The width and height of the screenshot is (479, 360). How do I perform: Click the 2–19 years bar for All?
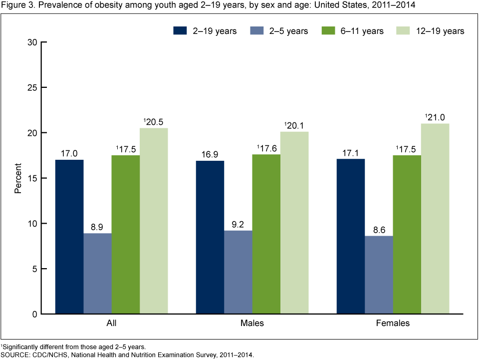[x=69, y=237]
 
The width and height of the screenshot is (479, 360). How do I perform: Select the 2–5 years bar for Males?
[x=238, y=272]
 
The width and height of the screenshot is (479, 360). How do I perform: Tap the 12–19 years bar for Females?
[x=435, y=219]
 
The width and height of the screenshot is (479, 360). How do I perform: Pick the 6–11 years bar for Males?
[x=266, y=234]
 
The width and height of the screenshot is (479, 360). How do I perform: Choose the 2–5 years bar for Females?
[x=379, y=275]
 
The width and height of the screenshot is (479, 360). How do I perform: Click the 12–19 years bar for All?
[x=154, y=221]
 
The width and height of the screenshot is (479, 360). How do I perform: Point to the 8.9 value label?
[x=97, y=226]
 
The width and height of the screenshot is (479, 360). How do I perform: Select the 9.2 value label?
[x=238, y=224]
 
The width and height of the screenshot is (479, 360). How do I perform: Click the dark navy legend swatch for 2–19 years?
[x=180, y=31]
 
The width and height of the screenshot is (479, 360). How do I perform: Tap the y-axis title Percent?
[x=18, y=178]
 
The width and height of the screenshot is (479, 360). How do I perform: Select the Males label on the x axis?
[x=252, y=324]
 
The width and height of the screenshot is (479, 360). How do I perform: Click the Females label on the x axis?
[x=393, y=324]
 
